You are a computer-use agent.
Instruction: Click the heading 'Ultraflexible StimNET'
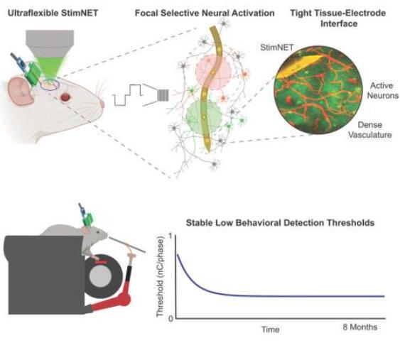pos(53,13)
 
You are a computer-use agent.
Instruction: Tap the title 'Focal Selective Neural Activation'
pos(205,13)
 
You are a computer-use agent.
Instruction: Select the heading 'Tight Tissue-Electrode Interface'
pos(338,18)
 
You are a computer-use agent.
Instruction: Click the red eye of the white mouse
pos(65,97)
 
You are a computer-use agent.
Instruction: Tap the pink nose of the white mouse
pos(102,104)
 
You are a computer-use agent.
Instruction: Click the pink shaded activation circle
pos(213,72)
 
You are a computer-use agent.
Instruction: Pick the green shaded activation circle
pos(204,116)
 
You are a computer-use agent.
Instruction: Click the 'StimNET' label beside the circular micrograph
pos(277,48)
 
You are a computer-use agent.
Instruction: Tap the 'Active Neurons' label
pos(382,90)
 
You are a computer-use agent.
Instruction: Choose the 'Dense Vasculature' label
pos(370,130)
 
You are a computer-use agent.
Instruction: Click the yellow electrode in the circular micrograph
pos(298,67)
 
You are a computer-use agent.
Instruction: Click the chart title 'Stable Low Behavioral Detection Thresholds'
pos(280,222)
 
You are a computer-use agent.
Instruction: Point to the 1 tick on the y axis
pos(171,236)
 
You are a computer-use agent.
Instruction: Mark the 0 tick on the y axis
pos(171,319)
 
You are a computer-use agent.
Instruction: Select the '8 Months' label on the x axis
pos(360,327)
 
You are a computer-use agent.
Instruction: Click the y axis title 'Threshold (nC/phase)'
pos(160,277)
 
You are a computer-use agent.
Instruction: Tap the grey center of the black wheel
pos(101,276)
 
